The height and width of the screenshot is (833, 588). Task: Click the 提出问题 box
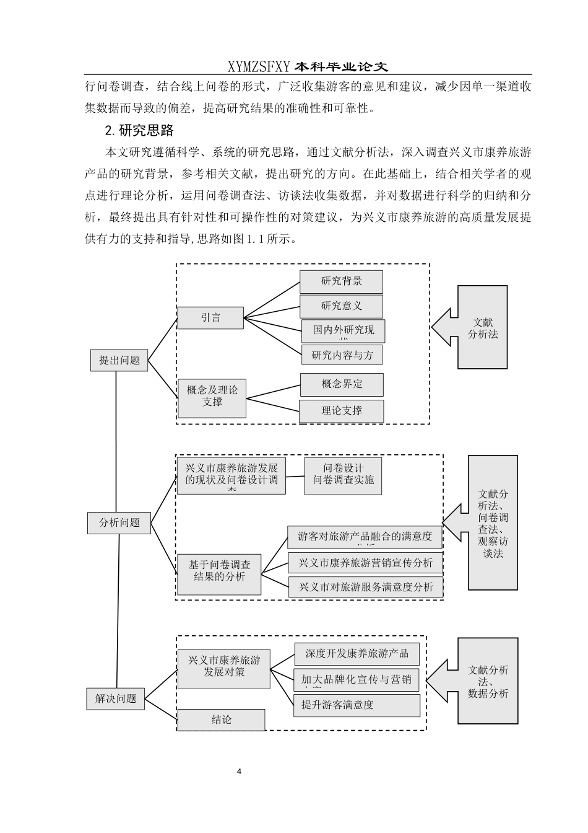[x=119, y=360]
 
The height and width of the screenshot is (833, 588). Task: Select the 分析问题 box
[x=119, y=522]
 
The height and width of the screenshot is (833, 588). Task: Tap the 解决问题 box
[x=116, y=699]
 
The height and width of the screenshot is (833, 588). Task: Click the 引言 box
[x=210, y=318]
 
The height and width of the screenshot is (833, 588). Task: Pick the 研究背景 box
[x=341, y=281]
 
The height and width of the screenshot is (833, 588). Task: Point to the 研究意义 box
[x=341, y=306]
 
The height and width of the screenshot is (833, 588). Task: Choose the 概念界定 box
[x=342, y=384]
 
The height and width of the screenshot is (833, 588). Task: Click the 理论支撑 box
[x=342, y=411]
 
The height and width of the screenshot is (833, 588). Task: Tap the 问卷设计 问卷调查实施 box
[x=343, y=475]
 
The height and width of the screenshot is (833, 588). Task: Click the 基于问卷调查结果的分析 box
[x=219, y=571]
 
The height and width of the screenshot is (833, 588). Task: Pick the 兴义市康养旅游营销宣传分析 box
[x=365, y=563]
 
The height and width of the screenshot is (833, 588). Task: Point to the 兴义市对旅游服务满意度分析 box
[x=365, y=588]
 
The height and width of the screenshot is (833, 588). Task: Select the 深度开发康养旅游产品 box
[x=357, y=654]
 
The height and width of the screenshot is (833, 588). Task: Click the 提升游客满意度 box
[x=357, y=705]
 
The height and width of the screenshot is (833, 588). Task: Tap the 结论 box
[x=221, y=720]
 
